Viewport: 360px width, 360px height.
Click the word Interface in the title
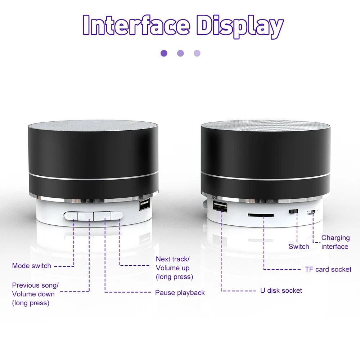coord(136,25)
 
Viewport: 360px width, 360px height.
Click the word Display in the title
coord(240,27)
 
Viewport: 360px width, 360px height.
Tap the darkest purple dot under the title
coord(164,53)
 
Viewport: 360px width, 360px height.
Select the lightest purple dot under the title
coord(197,53)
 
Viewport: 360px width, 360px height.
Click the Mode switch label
coord(31,266)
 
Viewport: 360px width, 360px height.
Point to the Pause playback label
coord(180,293)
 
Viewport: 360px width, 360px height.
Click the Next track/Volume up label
coord(174,268)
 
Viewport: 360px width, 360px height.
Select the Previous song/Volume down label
coord(35,294)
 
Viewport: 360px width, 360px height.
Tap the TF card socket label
coord(328,269)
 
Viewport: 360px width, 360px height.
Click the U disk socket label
coord(281,291)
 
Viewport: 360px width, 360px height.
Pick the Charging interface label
coord(335,242)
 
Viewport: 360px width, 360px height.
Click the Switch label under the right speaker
coord(299,247)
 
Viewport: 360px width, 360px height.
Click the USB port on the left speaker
coord(145,204)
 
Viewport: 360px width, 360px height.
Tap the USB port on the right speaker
coord(220,206)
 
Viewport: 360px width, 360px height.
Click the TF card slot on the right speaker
coord(261,215)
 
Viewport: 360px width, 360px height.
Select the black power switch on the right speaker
coord(293,211)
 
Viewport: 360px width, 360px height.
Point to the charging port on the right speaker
coord(311,213)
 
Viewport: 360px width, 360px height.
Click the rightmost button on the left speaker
coord(117,216)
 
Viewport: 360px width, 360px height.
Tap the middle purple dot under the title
coord(180,53)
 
